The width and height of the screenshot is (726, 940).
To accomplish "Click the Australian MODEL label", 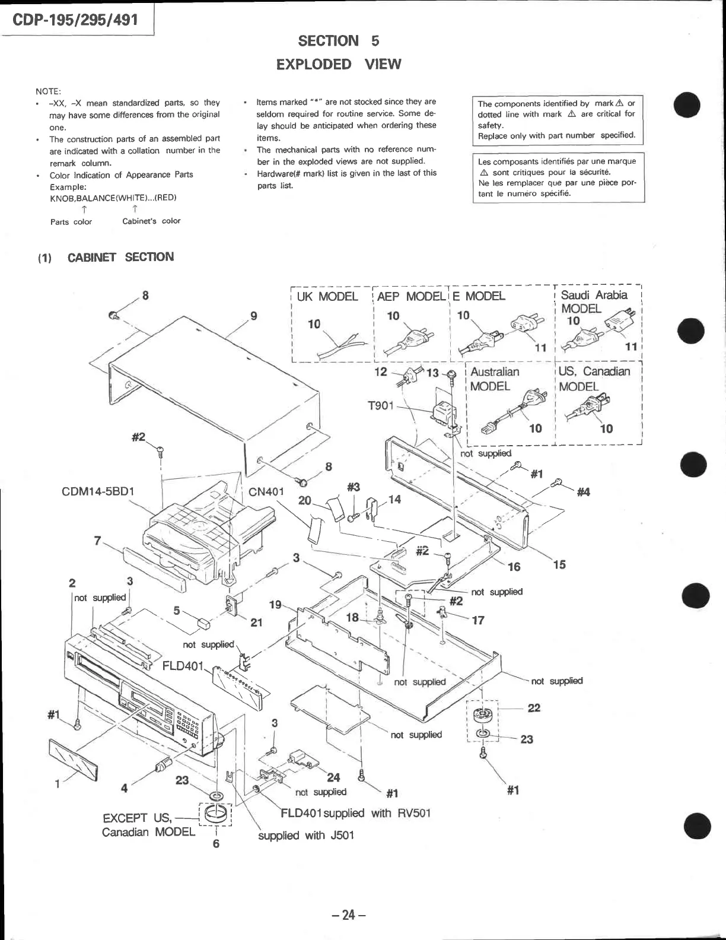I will click(494, 379).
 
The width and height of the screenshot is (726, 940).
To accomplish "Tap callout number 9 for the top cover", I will click(254, 316).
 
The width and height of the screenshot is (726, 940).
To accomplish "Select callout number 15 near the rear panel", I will click(559, 564).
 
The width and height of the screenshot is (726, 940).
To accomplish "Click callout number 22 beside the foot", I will click(534, 708).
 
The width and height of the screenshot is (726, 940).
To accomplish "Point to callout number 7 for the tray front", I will click(97, 540).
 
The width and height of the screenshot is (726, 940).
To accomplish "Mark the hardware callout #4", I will click(583, 491).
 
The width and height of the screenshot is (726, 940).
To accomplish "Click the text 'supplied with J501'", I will click(305, 836).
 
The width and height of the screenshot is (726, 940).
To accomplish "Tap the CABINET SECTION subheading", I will click(120, 257).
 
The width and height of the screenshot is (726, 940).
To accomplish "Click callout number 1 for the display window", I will click(58, 784).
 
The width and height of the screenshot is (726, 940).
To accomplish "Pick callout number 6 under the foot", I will click(216, 843).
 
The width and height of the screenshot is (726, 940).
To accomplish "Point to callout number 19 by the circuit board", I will click(275, 605).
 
